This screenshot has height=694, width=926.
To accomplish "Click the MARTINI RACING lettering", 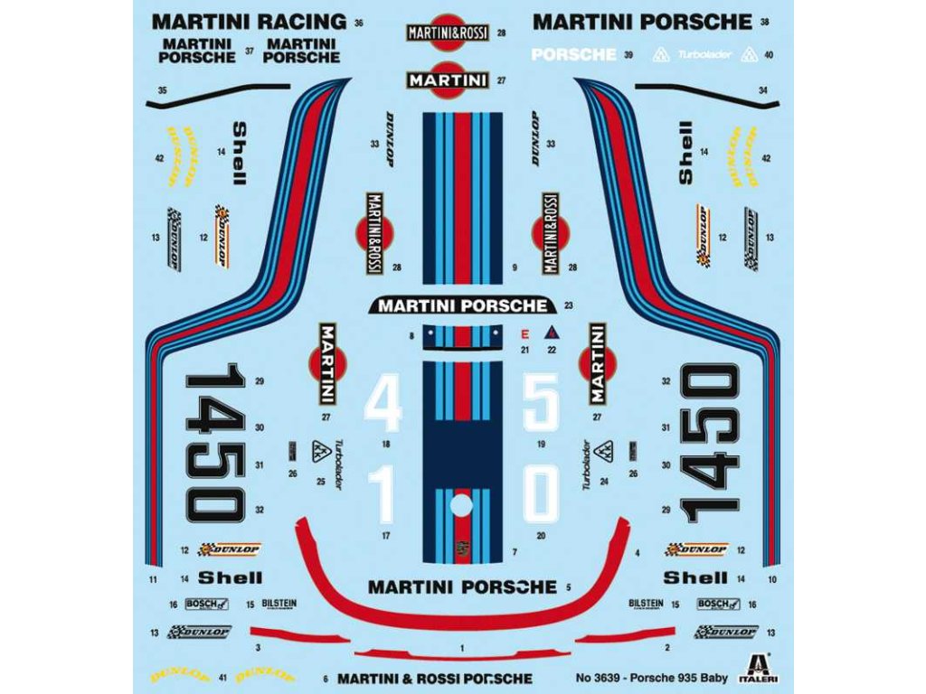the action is (249, 22).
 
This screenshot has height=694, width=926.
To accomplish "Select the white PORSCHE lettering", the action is (573, 54).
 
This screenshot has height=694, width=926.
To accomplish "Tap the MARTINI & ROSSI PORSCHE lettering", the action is (434, 678).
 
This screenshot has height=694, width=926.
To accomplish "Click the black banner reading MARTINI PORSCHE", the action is (463, 305).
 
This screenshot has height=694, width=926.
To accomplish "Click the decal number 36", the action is (359, 23).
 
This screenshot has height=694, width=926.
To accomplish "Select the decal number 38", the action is (765, 22).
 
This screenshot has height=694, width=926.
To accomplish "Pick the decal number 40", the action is (769, 55).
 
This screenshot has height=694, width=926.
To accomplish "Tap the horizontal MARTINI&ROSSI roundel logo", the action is (448, 33).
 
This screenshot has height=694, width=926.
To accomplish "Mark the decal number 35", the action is (163, 90).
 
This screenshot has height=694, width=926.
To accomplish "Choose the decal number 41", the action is (222, 677).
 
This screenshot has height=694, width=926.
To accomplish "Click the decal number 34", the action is (763, 90).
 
